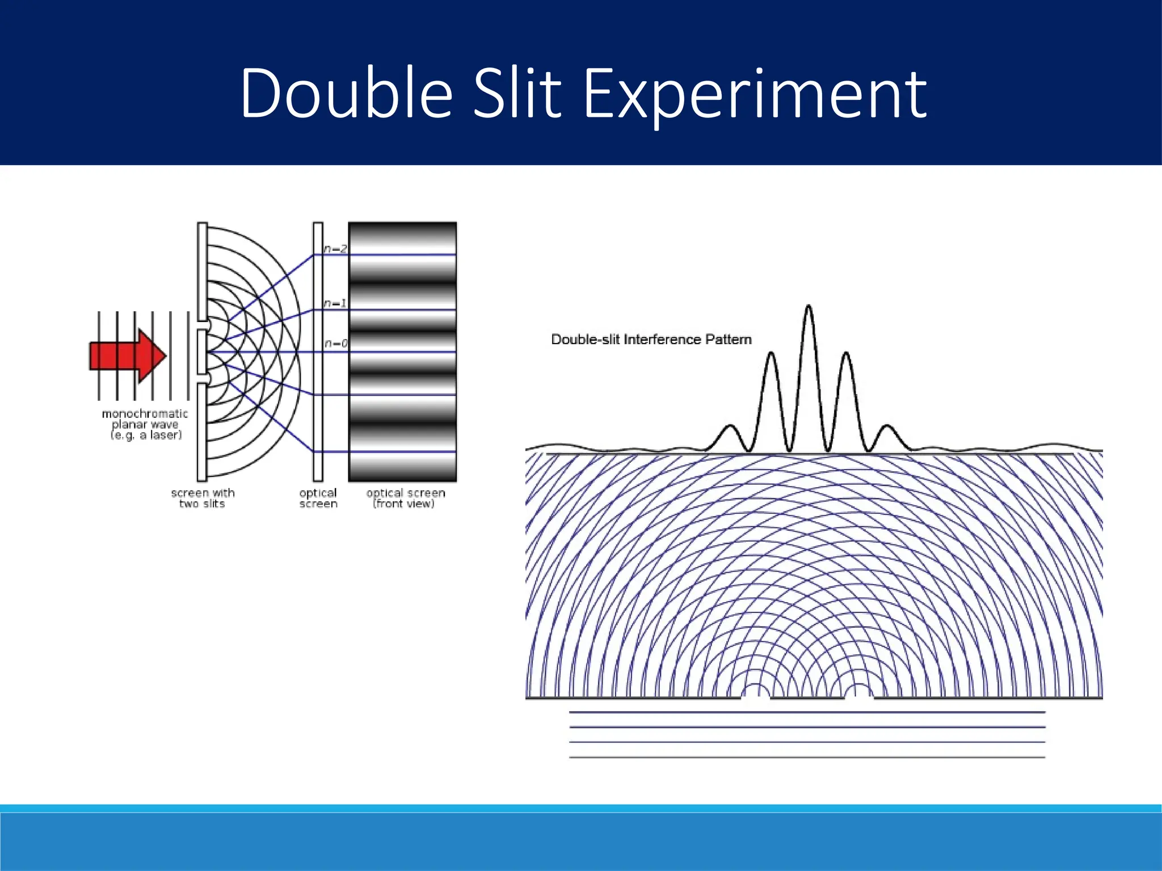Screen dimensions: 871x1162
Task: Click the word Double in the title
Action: point(346,94)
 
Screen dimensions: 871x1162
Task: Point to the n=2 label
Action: point(335,249)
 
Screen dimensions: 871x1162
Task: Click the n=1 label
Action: point(335,303)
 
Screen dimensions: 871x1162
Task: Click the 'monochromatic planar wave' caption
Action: point(145,424)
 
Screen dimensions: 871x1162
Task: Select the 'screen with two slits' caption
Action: point(203,498)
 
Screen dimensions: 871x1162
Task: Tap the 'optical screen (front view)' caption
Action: point(405,498)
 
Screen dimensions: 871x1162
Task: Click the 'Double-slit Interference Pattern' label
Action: point(651,340)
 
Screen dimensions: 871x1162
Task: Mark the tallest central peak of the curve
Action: point(809,309)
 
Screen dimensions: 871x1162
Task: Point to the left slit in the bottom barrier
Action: point(756,695)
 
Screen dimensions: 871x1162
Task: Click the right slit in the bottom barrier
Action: point(859,695)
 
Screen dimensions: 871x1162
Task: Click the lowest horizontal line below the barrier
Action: point(807,757)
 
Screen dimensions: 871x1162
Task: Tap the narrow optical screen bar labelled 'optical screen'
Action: point(318,352)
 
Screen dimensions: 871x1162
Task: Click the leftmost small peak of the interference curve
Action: point(730,428)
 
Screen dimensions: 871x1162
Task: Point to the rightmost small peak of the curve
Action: point(887,428)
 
